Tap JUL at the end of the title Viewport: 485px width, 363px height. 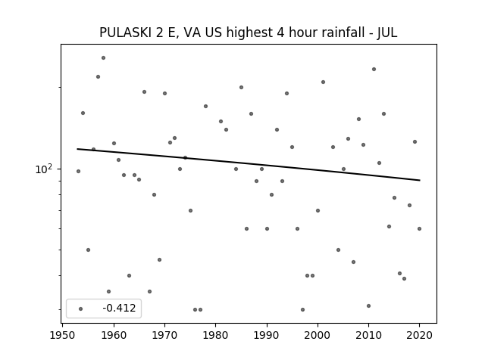[387, 33]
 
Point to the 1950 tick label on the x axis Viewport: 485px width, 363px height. [62, 335]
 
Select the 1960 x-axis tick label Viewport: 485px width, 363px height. [114, 335]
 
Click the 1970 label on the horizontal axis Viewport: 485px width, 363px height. [164, 335]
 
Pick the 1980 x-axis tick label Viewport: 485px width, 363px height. [215, 335]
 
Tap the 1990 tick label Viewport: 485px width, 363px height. [267, 335]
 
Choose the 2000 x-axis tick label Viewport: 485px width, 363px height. [318, 335]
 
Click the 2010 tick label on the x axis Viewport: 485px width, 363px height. [368, 335]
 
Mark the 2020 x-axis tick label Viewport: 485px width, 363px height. [419, 335]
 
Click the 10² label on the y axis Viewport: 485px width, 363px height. [44, 169]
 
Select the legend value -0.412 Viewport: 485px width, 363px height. [119, 308]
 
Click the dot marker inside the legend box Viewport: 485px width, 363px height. [81, 309]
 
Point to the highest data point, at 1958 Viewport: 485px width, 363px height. [103, 57]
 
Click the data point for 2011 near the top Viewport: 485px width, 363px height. [374, 69]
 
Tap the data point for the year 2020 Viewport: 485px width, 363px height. [419, 228]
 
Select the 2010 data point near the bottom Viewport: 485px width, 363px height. [369, 306]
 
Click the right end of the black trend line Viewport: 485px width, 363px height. [420, 180]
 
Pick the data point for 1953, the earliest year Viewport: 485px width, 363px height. [78, 172]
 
